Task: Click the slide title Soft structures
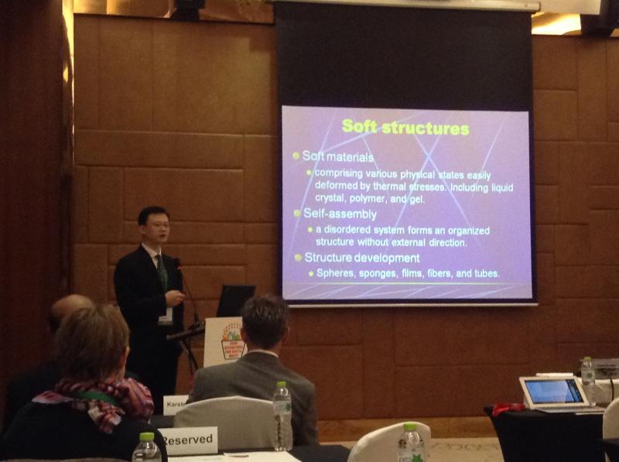pyautogui.click(x=405, y=127)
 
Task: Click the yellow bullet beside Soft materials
pyautogui.click(x=296, y=156)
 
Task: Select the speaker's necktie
pyautogui.click(x=162, y=271)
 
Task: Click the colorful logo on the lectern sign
pyautogui.click(x=231, y=341)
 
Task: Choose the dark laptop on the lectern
pyautogui.click(x=234, y=300)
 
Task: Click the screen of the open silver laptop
pyautogui.click(x=554, y=391)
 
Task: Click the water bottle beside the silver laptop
pyautogui.click(x=588, y=379)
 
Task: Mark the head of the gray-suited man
pyautogui.click(x=264, y=321)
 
